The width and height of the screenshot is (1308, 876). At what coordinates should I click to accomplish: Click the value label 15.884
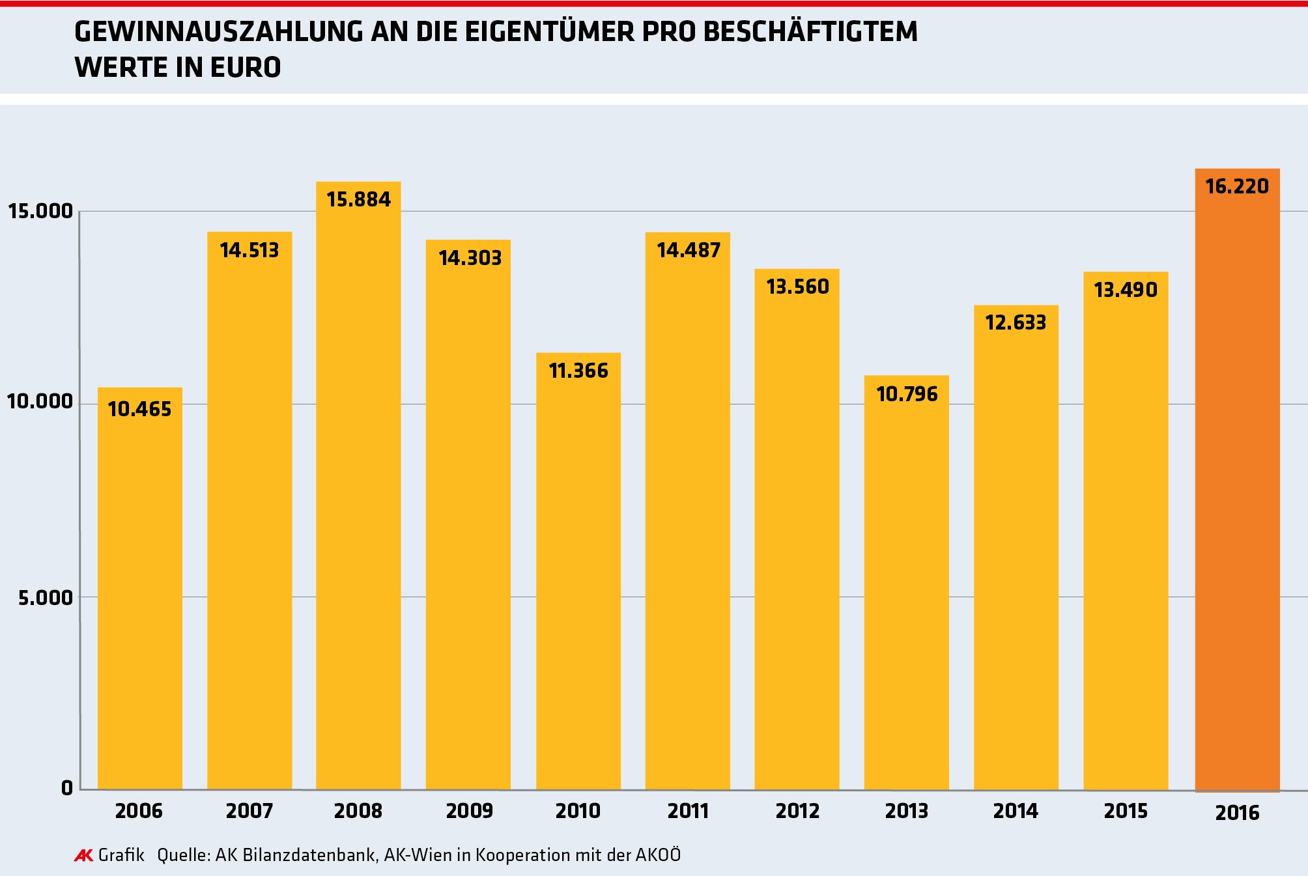point(359,199)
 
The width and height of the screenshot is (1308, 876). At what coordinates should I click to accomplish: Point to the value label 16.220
point(1237,186)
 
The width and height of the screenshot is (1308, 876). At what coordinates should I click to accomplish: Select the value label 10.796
point(907,394)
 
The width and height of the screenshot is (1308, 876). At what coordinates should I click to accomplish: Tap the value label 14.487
point(689,250)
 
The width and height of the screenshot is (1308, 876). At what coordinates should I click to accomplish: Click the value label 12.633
point(1016,322)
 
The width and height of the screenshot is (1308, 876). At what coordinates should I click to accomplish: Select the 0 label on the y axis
point(67,788)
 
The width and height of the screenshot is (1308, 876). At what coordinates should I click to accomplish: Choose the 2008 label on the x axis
point(358,811)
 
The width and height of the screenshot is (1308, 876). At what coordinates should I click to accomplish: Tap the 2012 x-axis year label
point(797,811)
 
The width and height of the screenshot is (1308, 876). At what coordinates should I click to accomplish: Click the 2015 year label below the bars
point(1126,811)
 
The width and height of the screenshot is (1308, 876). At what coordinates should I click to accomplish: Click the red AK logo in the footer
point(84,855)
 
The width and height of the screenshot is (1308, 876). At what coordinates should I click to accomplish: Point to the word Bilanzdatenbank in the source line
point(309,855)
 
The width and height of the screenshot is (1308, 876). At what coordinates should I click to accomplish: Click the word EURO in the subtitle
point(246,68)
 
